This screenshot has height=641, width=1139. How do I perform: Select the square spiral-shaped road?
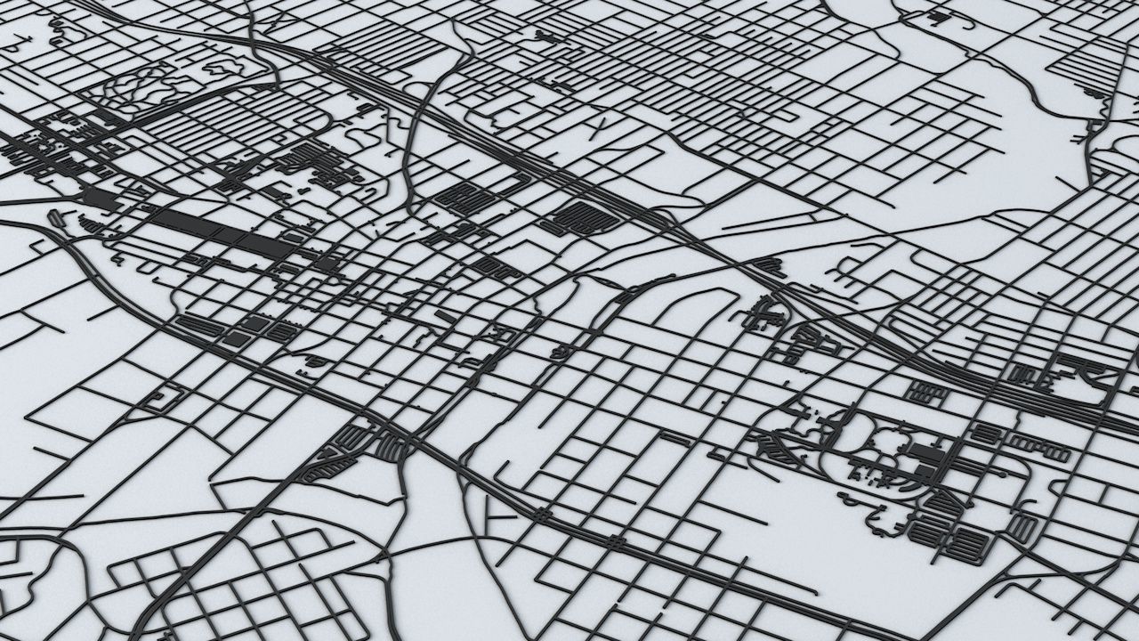point(161,399)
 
